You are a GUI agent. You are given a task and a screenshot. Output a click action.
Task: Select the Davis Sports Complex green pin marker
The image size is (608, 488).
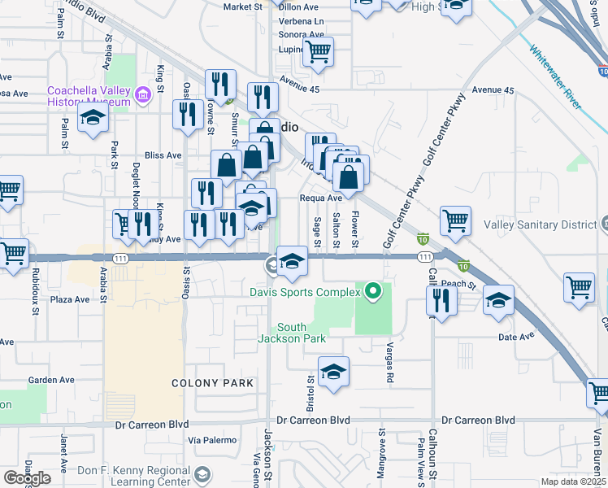pos(372,290)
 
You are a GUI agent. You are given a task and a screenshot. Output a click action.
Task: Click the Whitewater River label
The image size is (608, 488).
pos(555,76)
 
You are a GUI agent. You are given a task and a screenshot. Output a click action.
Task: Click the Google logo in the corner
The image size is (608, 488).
pos(27,478)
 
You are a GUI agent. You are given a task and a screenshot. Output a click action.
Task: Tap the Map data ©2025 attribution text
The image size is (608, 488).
pos(573,481)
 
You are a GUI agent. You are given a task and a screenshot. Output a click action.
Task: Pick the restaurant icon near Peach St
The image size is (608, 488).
pos(441,300)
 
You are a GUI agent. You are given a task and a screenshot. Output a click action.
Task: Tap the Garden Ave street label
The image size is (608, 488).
pos(51,380)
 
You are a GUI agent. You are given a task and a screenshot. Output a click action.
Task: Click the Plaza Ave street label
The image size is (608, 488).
pos(70,299)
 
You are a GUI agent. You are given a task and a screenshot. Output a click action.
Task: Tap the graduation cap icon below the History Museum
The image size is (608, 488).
pos(93,118)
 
